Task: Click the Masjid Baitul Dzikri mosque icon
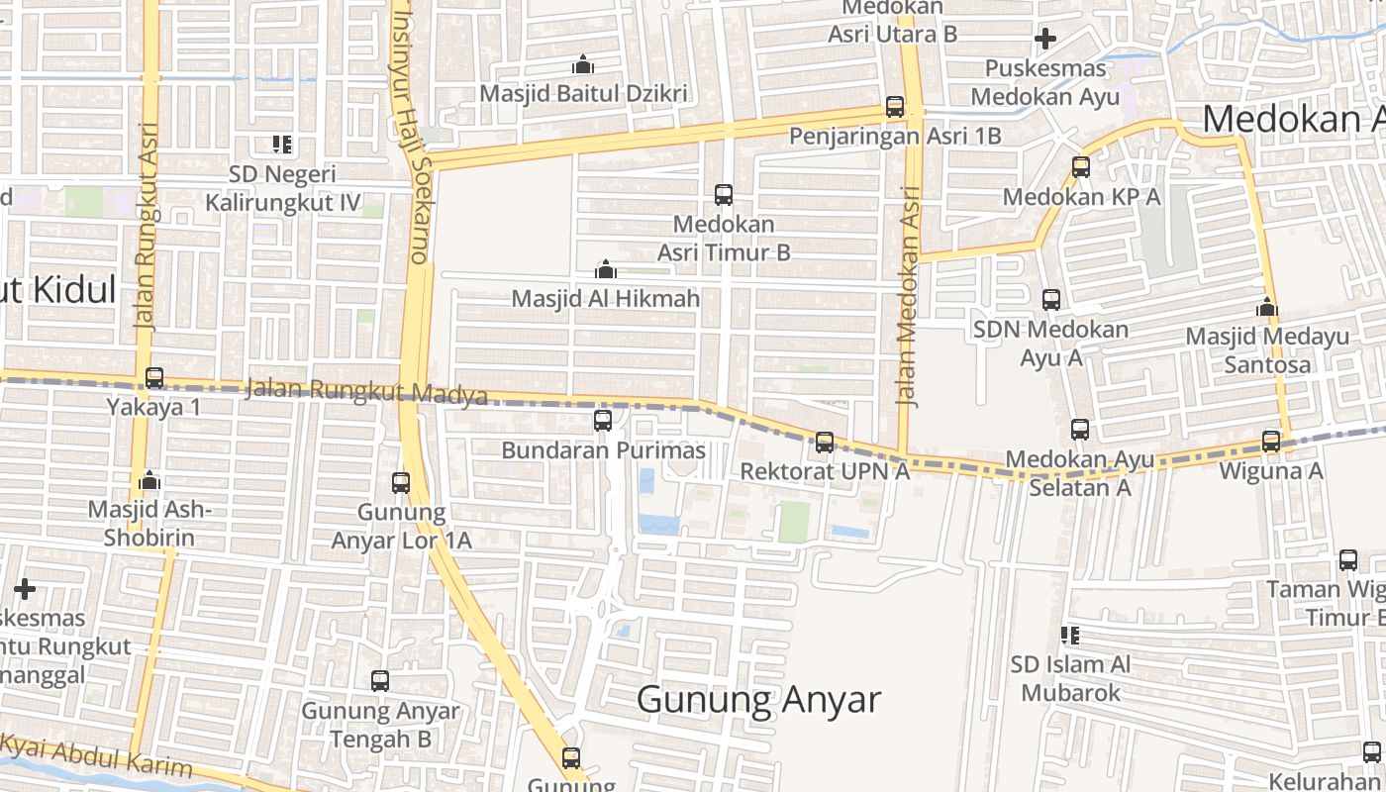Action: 583,65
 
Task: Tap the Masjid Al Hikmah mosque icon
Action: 605,269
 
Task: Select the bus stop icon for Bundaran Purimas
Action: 602,421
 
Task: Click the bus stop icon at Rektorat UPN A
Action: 825,443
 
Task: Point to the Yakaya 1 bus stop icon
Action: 153,378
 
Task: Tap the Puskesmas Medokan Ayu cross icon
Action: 1044,40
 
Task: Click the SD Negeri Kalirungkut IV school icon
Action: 282,145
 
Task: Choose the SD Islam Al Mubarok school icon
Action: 1069,635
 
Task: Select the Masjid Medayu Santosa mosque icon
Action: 1266,308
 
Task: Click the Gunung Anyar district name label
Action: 758,700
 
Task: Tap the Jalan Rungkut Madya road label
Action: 366,391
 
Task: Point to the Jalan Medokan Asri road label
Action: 908,297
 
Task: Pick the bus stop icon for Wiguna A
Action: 1271,442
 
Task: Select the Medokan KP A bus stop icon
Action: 1081,167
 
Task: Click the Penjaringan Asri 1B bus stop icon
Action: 895,107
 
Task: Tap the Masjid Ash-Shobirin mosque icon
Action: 149,481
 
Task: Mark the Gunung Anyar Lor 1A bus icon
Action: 401,483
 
